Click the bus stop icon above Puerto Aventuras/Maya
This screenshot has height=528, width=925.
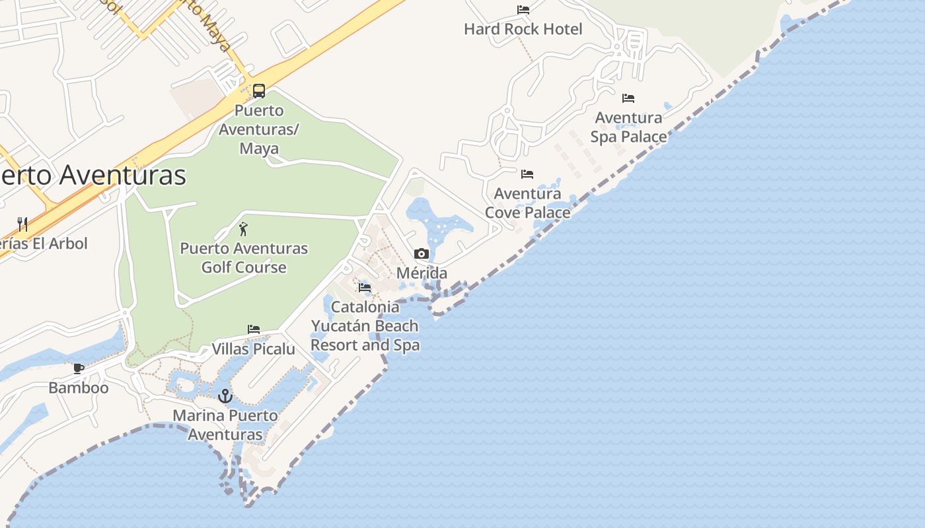pyautogui.click(x=259, y=91)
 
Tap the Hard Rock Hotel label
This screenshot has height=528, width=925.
pyautogui.click(x=523, y=29)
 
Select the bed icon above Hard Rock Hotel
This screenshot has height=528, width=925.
pyautogui.click(x=523, y=10)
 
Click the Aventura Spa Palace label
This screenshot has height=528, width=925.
pyautogui.click(x=628, y=127)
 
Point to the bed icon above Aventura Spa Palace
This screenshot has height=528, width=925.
pyautogui.click(x=628, y=98)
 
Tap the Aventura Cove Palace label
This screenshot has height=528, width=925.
pyautogui.click(x=527, y=203)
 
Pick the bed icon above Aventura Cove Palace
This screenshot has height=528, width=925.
pyautogui.click(x=527, y=174)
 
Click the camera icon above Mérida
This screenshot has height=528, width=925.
pyautogui.click(x=422, y=254)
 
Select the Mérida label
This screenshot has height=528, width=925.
pyautogui.click(x=422, y=273)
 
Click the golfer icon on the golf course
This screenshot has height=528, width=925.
pyautogui.click(x=243, y=230)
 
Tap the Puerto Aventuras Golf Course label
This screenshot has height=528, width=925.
pyautogui.click(x=244, y=258)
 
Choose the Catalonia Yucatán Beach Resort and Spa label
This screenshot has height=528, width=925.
pyautogui.click(x=365, y=325)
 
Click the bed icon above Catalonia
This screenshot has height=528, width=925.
pyautogui.click(x=365, y=288)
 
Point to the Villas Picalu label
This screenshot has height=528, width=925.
pyautogui.click(x=253, y=348)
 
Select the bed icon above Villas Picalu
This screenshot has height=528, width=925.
pyautogui.click(x=254, y=329)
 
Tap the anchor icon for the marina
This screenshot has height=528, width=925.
pyautogui.click(x=226, y=396)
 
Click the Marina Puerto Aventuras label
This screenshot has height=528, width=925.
pyautogui.click(x=225, y=425)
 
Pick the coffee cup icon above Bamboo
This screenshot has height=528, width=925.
pyautogui.click(x=79, y=368)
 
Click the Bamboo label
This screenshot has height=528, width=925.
pyautogui.click(x=79, y=387)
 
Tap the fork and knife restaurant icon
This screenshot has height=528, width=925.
pyautogui.click(x=22, y=224)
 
